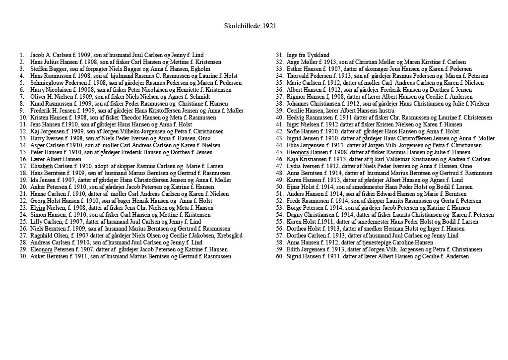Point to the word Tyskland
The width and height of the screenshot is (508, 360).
point(318,55)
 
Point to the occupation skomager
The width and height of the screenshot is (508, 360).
point(359,69)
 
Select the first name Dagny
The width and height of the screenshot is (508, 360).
point(295,215)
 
